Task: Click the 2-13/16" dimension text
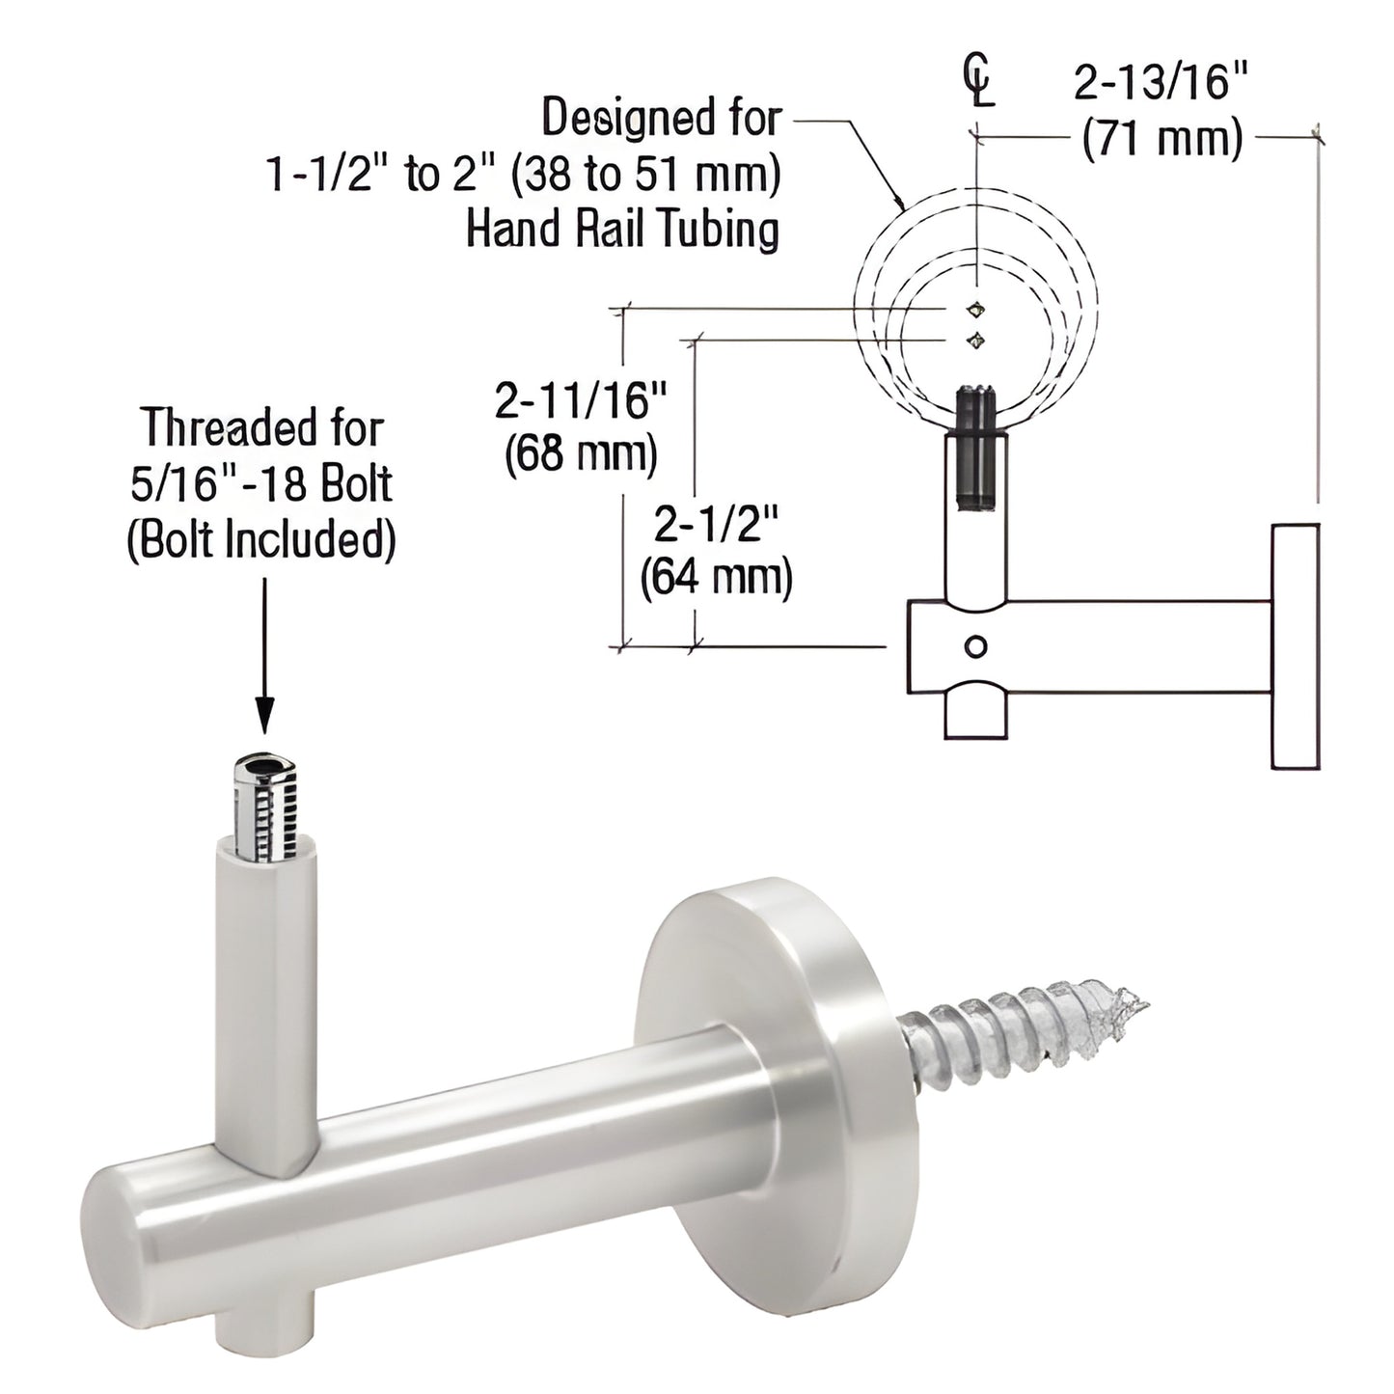[x=1161, y=86]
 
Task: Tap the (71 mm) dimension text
[x=1162, y=141]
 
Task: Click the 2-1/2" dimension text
[x=716, y=526]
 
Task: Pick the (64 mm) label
[x=716, y=579]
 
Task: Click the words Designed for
[x=661, y=119]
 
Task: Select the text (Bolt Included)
[x=261, y=539]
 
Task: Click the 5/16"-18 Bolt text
[x=261, y=483]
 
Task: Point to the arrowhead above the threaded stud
[x=262, y=719]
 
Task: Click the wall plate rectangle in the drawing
[x=1295, y=646]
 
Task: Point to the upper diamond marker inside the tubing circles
[x=977, y=309]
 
